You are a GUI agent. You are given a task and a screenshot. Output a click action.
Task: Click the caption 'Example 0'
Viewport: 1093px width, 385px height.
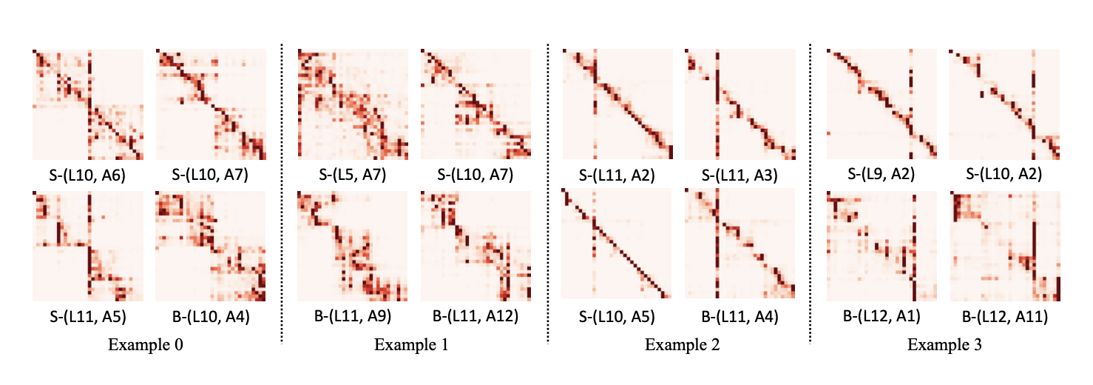pyautogui.click(x=146, y=345)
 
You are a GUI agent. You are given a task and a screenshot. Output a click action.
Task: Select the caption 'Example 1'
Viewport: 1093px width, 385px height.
pyautogui.click(x=411, y=345)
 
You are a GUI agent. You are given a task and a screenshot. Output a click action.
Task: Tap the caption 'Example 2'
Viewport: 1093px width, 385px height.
pyautogui.click(x=682, y=345)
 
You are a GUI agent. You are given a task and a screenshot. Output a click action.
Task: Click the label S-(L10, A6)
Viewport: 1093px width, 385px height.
pyautogui.click(x=87, y=175)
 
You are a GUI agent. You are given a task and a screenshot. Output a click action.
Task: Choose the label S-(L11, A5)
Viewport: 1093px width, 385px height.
pyautogui.click(x=87, y=317)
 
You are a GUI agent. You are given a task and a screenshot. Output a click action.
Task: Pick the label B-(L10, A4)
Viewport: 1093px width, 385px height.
pyautogui.click(x=211, y=317)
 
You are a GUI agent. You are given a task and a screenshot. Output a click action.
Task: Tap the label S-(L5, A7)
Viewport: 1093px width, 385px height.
pyautogui.click(x=352, y=175)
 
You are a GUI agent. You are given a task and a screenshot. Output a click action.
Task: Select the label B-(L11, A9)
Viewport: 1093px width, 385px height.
pyautogui.click(x=352, y=317)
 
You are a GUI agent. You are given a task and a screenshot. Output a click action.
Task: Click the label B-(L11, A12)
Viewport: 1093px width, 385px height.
pyautogui.click(x=476, y=317)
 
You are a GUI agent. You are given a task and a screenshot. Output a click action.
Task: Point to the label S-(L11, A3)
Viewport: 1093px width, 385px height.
pyautogui.click(x=740, y=175)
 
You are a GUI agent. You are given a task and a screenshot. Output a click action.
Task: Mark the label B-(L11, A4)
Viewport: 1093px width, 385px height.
pyautogui.click(x=740, y=317)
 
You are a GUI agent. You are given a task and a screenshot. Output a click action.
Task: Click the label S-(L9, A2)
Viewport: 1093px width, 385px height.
pyautogui.click(x=881, y=175)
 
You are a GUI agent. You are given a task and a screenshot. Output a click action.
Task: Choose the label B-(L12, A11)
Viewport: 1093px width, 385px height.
pyautogui.click(x=1005, y=317)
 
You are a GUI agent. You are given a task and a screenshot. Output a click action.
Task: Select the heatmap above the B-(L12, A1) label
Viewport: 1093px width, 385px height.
pyautogui.click(x=881, y=247)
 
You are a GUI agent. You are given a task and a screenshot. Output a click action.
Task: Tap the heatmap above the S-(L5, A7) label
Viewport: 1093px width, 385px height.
pyautogui.click(x=352, y=104)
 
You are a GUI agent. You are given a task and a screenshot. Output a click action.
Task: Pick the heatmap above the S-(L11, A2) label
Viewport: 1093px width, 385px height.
pyautogui.click(x=617, y=104)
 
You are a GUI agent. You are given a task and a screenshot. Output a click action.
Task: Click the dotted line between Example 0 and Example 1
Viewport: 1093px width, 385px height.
pyautogui.click(x=282, y=192)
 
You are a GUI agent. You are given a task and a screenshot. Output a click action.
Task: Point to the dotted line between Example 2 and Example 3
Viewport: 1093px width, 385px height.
pyautogui.click(x=811, y=192)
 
